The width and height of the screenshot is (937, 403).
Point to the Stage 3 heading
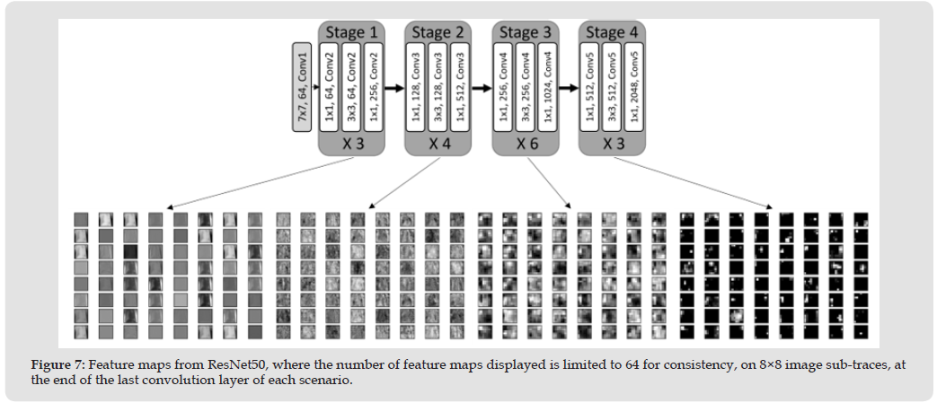(x=526, y=33)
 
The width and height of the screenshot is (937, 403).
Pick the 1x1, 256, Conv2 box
(x=372, y=86)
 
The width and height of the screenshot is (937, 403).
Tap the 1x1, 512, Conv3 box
(x=459, y=86)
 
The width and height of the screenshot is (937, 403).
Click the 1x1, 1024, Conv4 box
(x=546, y=86)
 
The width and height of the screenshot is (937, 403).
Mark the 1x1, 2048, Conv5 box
(x=634, y=86)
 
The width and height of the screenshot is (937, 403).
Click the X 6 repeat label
(x=526, y=144)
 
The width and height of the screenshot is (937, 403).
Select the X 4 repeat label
(x=439, y=144)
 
